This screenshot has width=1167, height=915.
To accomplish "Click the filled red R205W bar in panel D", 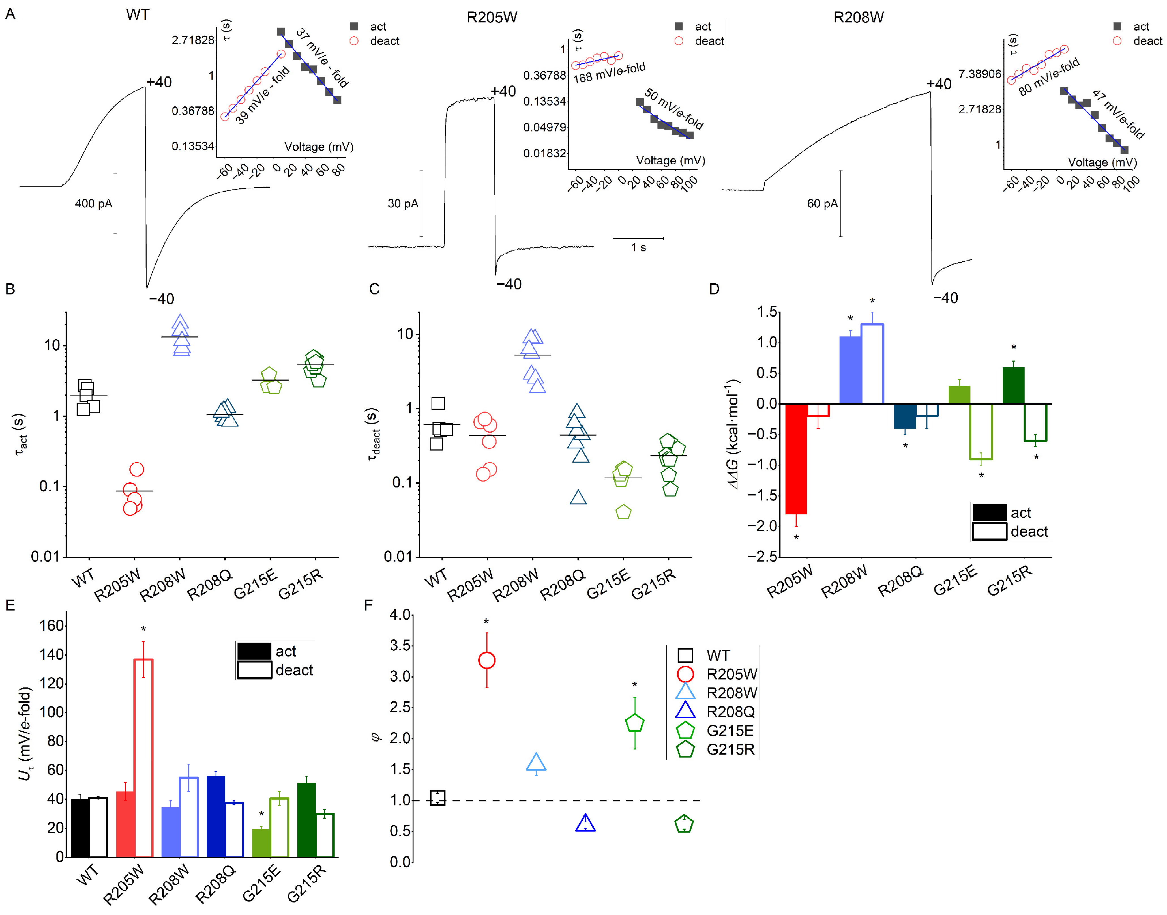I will pyautogui.click(x=796, y=458).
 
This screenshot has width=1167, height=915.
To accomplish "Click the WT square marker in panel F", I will pyautogui.click(x=437, y=798).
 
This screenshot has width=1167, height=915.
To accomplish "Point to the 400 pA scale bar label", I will pyautogui.click(x=93, y=204).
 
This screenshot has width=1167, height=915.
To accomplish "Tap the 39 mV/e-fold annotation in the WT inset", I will pyautogui.click(x=263, y=95).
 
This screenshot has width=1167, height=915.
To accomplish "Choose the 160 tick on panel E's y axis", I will pyautogui.click(x=52, y=626).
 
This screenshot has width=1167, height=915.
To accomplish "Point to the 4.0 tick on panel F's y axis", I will pyautogui.click(x=400, y=615).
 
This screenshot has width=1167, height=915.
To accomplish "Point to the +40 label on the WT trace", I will pyautogui.click(x=159, y=82).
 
